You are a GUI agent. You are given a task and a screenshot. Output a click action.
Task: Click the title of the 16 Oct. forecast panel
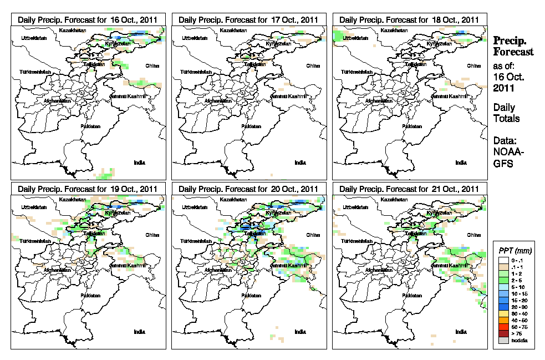coord(88,19)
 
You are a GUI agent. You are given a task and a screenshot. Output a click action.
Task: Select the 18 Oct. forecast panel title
coord(410,19)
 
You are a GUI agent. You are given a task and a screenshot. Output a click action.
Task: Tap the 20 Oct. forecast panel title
coord(249,189)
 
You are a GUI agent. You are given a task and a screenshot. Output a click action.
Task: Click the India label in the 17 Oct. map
coord(300,163)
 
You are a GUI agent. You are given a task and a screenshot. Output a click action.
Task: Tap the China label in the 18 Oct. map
coord(473,65)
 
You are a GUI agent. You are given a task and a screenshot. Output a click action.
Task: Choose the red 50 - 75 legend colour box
coord(503,327)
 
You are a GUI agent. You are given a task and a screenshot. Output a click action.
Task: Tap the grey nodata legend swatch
coord(503,341)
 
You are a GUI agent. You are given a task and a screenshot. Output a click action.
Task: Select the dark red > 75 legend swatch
coord(503,334)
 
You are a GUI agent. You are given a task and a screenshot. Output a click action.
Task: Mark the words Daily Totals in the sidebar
coord(506,113)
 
